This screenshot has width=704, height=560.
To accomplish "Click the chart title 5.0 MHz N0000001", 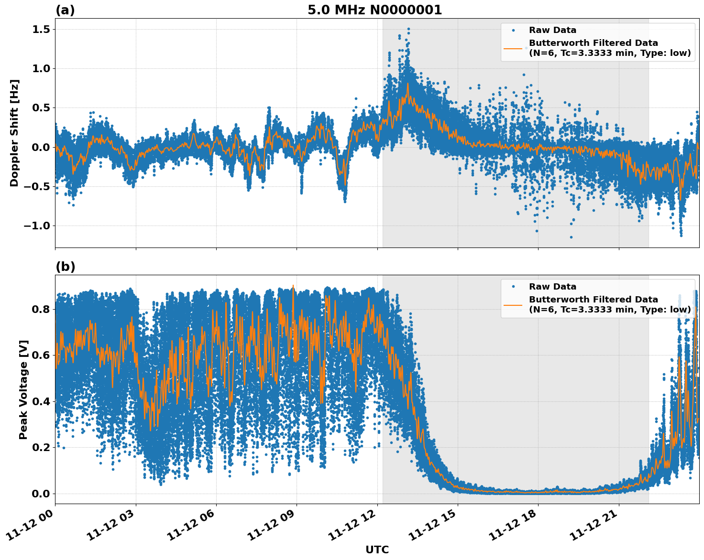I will tap(374, 10).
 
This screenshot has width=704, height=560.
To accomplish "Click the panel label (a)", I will tap(65, 10).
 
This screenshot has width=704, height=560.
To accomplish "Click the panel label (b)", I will tap(65, 267).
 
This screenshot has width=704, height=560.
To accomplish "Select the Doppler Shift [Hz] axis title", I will tap(14, 133).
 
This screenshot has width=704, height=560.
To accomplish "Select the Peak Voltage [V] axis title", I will tap(23, 389).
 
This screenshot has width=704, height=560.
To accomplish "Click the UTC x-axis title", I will tap(377, 549).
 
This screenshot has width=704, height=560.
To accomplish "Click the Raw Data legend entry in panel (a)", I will tap(552, 30).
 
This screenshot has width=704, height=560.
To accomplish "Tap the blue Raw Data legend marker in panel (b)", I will tap(513, 287).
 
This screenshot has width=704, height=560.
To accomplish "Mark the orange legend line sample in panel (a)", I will tap(513, 48).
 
